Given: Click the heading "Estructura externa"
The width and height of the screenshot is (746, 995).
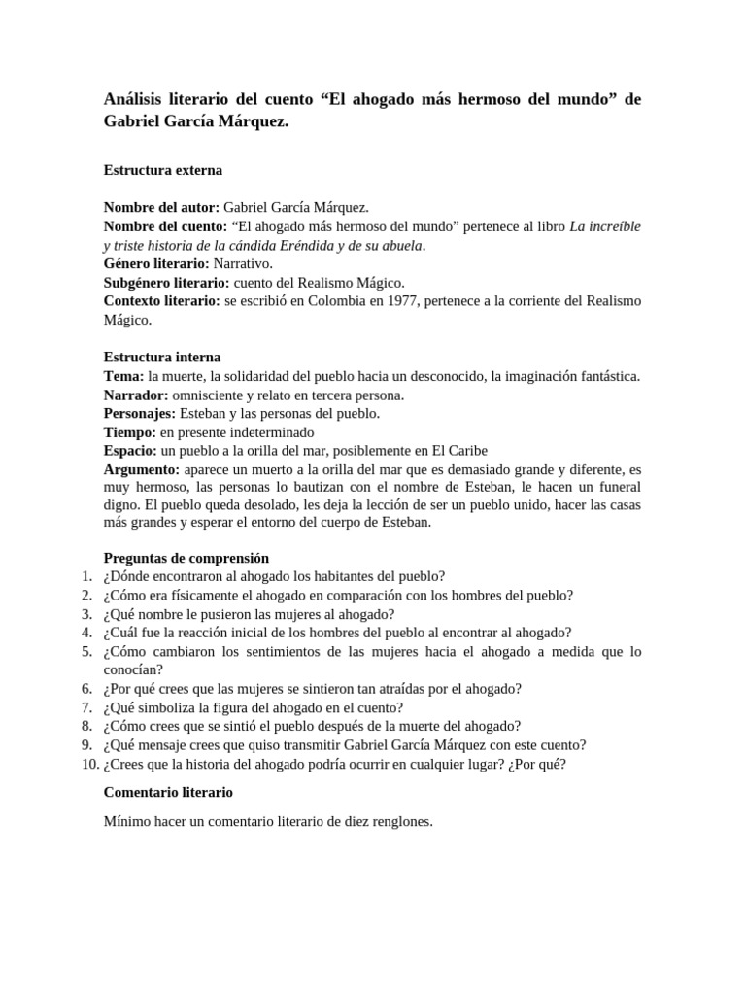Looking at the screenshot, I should coord(162,170).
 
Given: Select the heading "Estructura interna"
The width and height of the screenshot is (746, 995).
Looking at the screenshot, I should coord(161,358).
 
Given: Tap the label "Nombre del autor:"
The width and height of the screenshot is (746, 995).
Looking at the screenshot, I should coord(161,208).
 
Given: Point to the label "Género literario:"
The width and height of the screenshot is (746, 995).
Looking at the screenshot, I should coord(156,263).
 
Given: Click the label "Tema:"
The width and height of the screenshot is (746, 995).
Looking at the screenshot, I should coord(123,376).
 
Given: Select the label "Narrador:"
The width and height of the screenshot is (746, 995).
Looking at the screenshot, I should coord(136,395).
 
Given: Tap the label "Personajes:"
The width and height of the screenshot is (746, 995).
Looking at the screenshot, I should coord(140,414).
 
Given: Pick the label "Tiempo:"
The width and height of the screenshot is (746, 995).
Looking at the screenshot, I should coord(130,432).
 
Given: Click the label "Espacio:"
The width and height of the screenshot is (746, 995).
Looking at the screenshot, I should coord(130,451).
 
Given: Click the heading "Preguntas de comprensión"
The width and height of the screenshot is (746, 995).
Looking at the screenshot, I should coord(186,559).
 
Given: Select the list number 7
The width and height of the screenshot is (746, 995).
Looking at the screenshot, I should coord(86,707).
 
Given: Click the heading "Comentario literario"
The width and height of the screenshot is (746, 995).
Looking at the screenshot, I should coord(168,793).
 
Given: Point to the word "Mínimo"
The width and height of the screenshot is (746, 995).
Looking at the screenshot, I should coord(128,822).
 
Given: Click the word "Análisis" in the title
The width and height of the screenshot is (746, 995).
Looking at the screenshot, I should coord(137,100).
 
